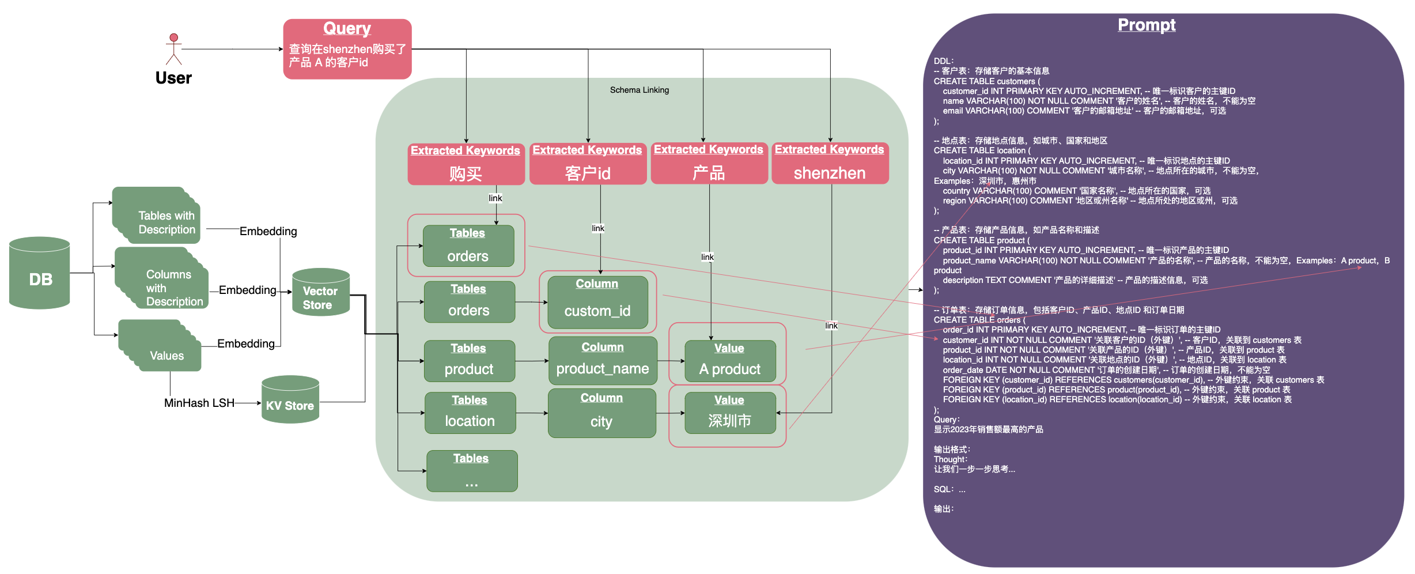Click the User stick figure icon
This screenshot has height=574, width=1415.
(173, 48)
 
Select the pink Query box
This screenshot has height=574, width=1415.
(347, 49)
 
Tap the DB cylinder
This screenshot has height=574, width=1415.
(40, 273)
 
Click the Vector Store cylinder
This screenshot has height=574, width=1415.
(320, 292)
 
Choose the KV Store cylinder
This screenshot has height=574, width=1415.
(290, 400)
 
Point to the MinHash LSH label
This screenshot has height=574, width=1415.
(199, 403)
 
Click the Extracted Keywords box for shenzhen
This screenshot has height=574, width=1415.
(830, 164)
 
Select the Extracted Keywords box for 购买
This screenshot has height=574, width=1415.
(466, 164)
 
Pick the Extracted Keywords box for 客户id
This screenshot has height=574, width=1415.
(588, 164)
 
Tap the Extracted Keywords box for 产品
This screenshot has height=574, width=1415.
(709, 164)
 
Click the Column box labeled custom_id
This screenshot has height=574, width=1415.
(597, 302)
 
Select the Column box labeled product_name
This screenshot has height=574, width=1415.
(603, 361)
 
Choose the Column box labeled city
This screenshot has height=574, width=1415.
(601, 413)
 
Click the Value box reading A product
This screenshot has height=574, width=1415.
(730, 361)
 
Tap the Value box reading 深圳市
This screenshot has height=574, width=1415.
(730, 413)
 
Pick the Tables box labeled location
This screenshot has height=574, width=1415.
(470, 413)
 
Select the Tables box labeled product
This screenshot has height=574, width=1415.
(469, 361)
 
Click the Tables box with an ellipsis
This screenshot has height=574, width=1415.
(471, 471)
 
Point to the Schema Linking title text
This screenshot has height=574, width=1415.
(639, 90)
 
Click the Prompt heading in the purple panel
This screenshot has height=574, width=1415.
(1146, 25)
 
